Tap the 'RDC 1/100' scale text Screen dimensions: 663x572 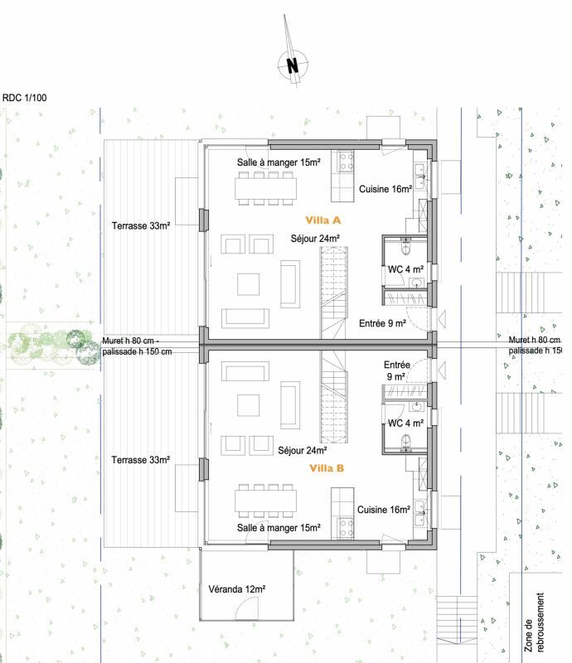coord(25,98)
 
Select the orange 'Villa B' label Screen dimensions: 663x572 coord(327,468)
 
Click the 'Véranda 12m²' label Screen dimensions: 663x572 coord(237,588)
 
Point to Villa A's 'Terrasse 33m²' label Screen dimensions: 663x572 coord(141,225)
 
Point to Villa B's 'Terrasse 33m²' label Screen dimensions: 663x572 coord(141,460)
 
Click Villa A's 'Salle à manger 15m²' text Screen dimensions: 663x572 coord(279,162)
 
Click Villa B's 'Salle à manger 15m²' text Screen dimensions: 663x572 coord(279,527)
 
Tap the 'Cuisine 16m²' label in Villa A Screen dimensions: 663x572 coord(385,189)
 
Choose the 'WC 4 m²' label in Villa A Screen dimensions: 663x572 coord(406,269)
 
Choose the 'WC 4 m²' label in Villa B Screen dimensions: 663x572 coord(406,423)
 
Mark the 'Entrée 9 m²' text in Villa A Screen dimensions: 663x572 coord(382,324)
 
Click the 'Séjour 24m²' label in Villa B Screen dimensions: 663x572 coord(303,451)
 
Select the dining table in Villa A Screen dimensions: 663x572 coord(265,189)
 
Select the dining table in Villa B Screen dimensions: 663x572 coord(265,500)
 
